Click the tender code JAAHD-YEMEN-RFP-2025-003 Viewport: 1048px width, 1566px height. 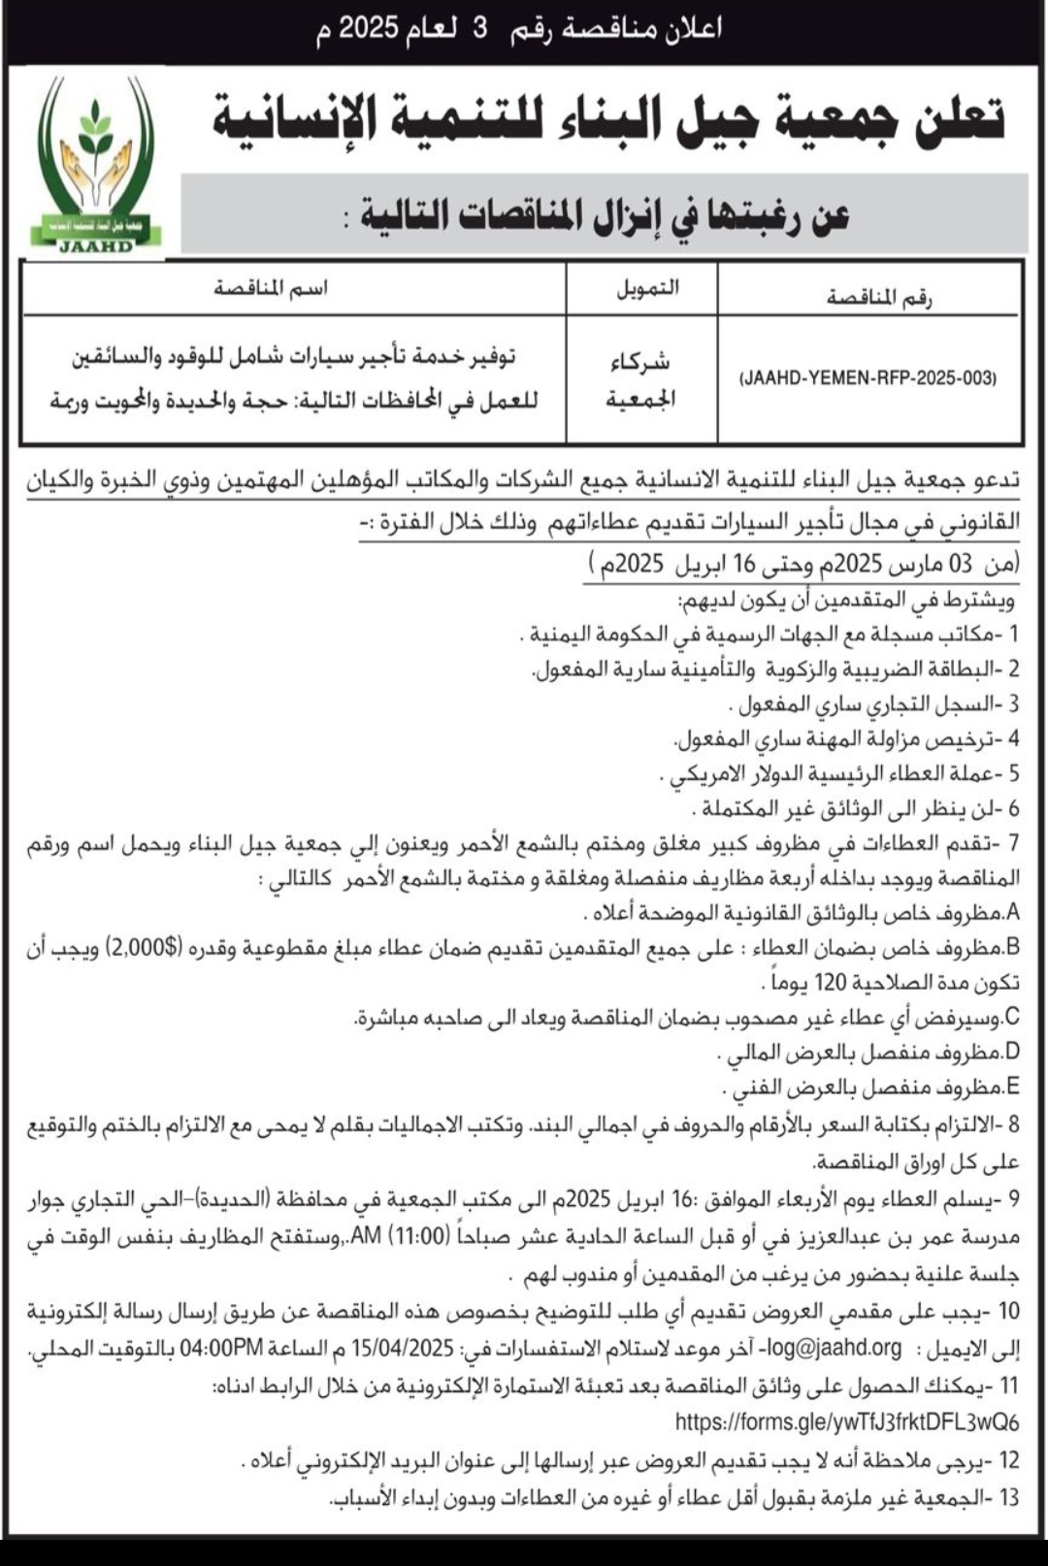pyautogui.click(x=868, y=378)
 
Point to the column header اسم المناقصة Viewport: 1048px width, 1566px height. pyautogui.click(x=271, y=288)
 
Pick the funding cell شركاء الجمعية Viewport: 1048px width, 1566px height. pyautogui.click(x=640, y=379)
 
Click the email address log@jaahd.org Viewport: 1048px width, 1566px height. pyautogui.click(x=834, y=1349)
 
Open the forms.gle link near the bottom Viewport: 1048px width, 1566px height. pyautogui.click(x=846, y=1422)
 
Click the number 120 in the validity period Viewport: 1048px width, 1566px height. pyautogui.click(x=831, y=983)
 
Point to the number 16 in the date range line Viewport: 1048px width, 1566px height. pyautogui.click(x=743, y=564)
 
